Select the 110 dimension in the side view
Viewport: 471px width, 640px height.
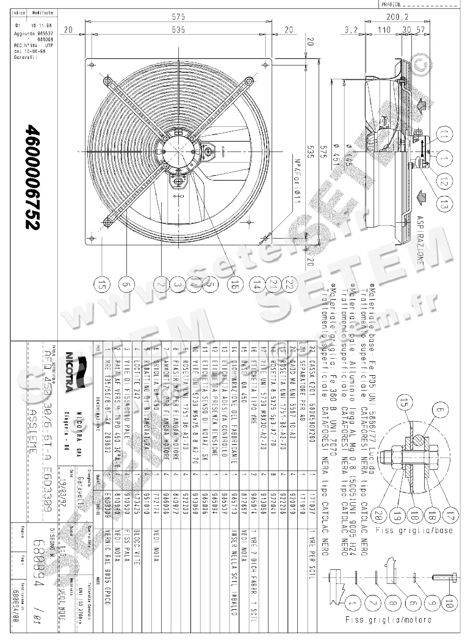click(x=384, y=30)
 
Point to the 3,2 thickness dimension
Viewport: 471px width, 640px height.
click(x=351, y=30)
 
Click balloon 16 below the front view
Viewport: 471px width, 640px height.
click(x=233, y=284)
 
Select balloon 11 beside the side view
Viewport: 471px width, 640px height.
click(x=443, y=135)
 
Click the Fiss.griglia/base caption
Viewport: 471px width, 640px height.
click(x=414, y=530)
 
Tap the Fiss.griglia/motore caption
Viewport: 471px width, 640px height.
click(x=388, y=620)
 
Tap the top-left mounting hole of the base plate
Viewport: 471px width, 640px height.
click(x=92, y=65)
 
